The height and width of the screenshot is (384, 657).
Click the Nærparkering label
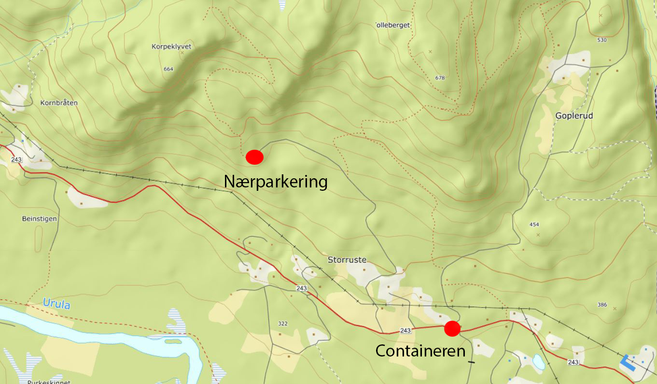pyautogui.click(x=276, y=182)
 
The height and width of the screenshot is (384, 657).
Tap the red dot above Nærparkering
pyautogui.click(x=254, y=157)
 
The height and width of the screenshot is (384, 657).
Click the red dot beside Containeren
pyautogui.click(x=452, y=328)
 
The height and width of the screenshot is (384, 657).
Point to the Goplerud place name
pyautogui.click(x=574, y=116)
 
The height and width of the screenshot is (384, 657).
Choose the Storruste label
pyautogui.click(x=347, y=260)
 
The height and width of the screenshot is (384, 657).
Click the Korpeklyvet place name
pyautogui.click(x=171, y=47)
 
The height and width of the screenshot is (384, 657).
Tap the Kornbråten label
pyautogui.click(x=59, y=103)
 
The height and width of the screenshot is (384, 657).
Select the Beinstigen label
pyautogui.click(x=40, y=219)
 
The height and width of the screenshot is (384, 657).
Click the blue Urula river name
pyautogui.click(x=56, y=304)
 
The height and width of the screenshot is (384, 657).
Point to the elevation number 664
pyautogui.click(x=168, y=69)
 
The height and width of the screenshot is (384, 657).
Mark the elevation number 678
pyautogui.click(x=439, y=78)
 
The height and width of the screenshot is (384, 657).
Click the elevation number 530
pyautogui.click(x=601, y=40)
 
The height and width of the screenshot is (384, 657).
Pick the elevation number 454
pyautogui.click(x=534, y=225)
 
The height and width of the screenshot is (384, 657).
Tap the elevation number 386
pyautogui.click(x=601, y=305)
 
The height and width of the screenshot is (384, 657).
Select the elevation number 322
pyautogui.click(x=283, y=323)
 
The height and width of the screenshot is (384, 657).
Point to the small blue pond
pyautogui.click(x=537, y=360)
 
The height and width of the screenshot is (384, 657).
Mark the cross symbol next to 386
pyautogui.click(x=615, y=308)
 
